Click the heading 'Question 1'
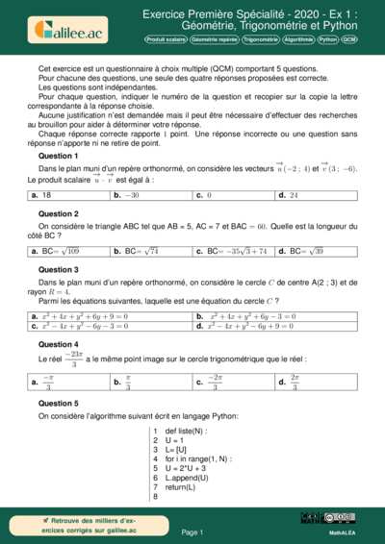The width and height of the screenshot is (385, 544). click(58, 155)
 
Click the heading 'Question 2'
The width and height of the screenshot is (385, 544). click(58, 212)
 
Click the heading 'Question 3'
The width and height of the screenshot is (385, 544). click(58, 270)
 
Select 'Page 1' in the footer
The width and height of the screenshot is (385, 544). click(192, 532)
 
